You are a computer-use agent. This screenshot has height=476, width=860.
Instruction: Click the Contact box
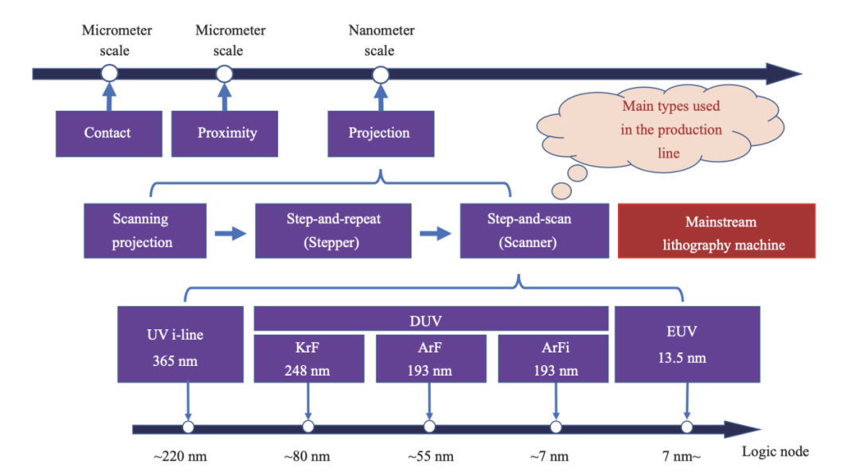[107, 133]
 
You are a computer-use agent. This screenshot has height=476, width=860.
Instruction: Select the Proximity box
[227, 133]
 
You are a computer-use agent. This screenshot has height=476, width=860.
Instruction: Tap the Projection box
[379, 133]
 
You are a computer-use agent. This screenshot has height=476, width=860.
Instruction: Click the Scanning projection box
[145, 230]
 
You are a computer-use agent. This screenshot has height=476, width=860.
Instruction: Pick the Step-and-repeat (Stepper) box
[333, 230]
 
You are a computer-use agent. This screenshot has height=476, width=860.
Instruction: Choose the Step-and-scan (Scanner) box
[529, 230]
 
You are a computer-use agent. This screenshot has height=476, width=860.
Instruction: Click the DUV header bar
[431, 320]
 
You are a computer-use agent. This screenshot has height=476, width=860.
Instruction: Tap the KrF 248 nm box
[308, 359]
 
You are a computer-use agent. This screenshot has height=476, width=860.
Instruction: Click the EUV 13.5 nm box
[686, 344]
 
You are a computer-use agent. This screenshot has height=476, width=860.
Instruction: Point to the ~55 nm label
[431, 457]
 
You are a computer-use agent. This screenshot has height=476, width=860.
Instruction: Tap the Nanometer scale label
[381, 41]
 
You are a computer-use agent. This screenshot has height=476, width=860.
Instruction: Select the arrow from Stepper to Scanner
[435, 233]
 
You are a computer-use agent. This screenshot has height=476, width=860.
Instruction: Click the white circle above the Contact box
[110, 74]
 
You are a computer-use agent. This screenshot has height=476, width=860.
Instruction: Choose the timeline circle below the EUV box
[686, 427]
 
